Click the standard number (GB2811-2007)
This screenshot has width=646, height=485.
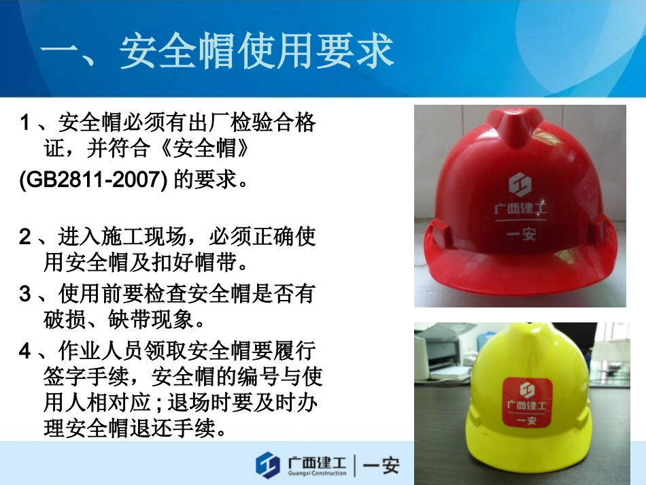tap(92, 180)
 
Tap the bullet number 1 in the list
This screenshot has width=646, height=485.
tap(24, 124)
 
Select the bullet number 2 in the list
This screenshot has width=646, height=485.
tap(24, 237)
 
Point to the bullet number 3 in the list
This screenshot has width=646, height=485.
tap(24, 294)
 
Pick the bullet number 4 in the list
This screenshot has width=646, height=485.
tap(24, 351)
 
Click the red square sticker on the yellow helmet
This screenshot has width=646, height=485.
tap(526, 404)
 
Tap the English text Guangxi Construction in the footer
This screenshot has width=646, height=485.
tap(317, 473)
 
